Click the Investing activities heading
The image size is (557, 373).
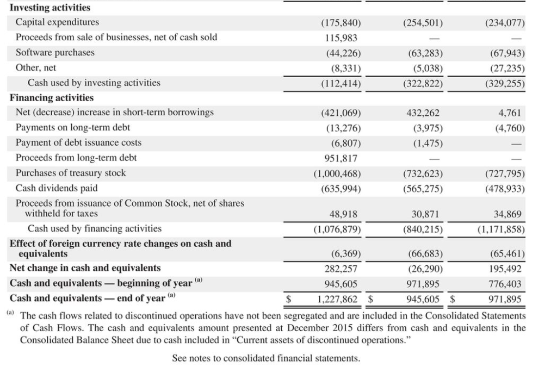[50, 8]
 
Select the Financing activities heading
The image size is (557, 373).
[52, 98]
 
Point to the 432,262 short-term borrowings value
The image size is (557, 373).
[424, 113]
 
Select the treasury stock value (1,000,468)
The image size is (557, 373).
[338, 173]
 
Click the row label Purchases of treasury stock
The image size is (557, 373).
[71, 173]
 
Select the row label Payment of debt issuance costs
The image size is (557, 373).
[78, 142]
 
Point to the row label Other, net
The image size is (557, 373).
[36, 68]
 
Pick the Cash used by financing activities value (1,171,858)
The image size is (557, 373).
[501, 229]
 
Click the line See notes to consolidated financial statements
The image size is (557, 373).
[266, 358]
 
